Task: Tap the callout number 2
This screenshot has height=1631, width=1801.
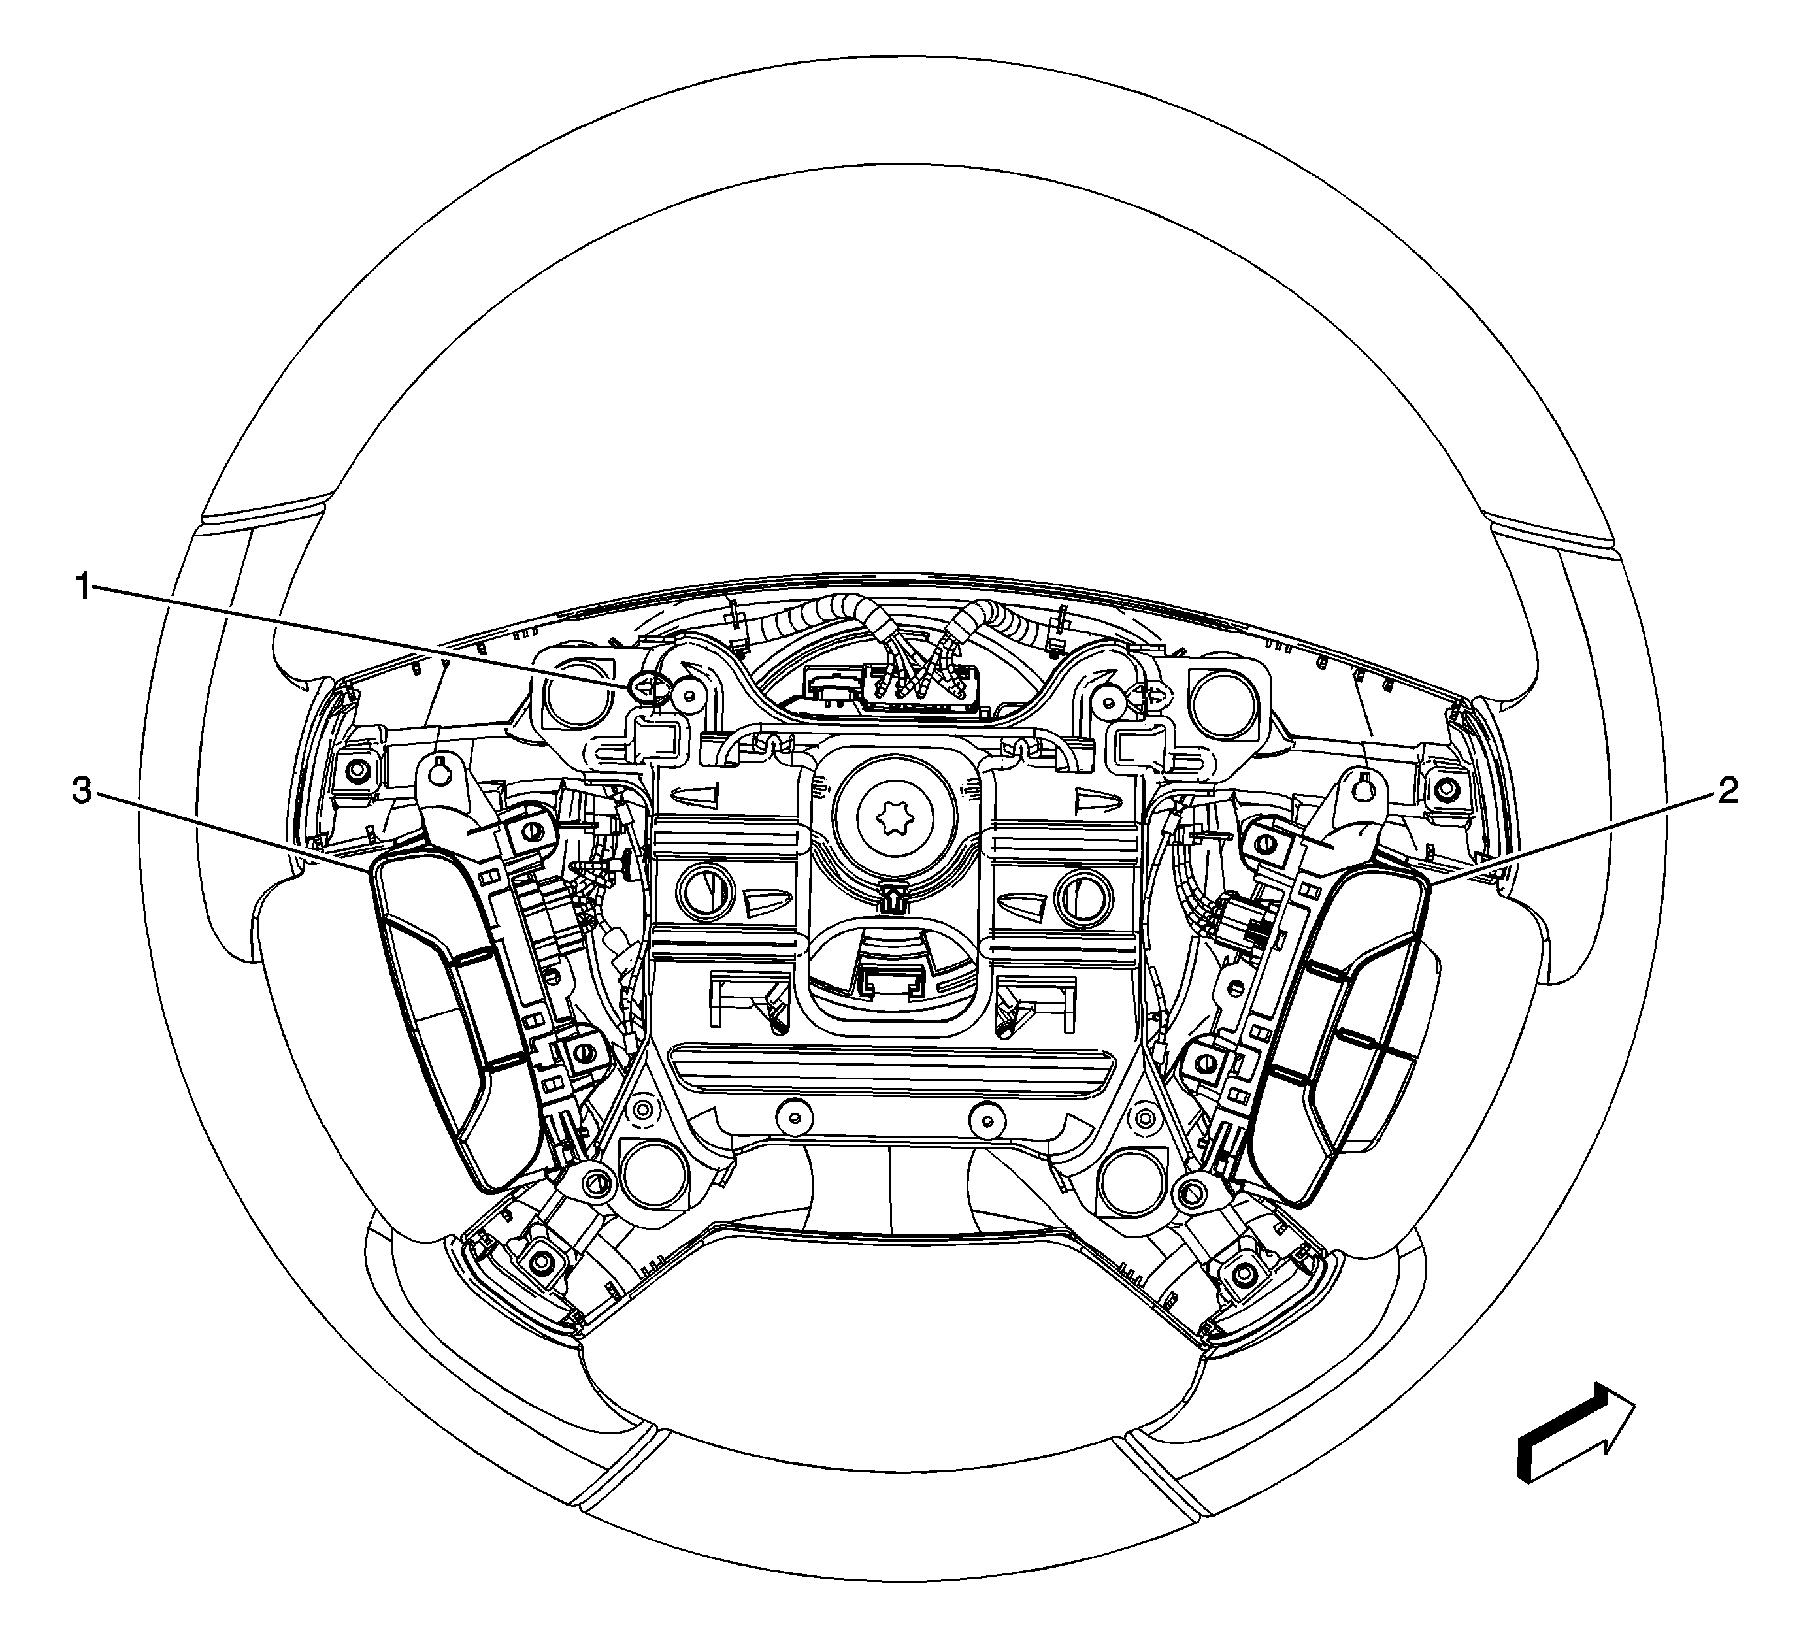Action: tap(1728, 791)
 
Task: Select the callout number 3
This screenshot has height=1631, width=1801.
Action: tap(82, 792)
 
